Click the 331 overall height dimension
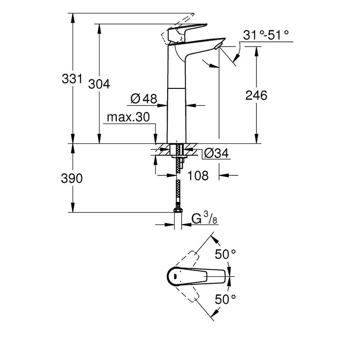point(72,79)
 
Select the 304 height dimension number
point(99,84)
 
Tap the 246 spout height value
point(256,95)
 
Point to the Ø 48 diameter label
point(144,99)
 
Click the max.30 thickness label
point(128,117)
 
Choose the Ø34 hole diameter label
point(216,153)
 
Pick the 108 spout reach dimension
point(198,176)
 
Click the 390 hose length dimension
point(72,179)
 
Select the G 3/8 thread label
point(204,218)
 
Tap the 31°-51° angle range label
point(266,35)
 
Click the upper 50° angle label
point(225,254)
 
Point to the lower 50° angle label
point(225,299)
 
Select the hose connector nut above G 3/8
point(178,210)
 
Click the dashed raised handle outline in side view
point(177,29)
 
